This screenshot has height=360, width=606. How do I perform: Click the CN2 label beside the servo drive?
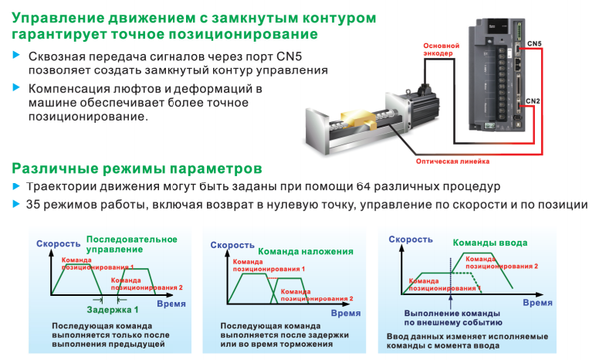[533, 101]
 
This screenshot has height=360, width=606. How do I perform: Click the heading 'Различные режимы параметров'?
[137, 168]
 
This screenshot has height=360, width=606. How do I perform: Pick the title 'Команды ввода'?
[489, 243]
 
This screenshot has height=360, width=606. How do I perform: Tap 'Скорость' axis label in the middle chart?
[232, 244]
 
